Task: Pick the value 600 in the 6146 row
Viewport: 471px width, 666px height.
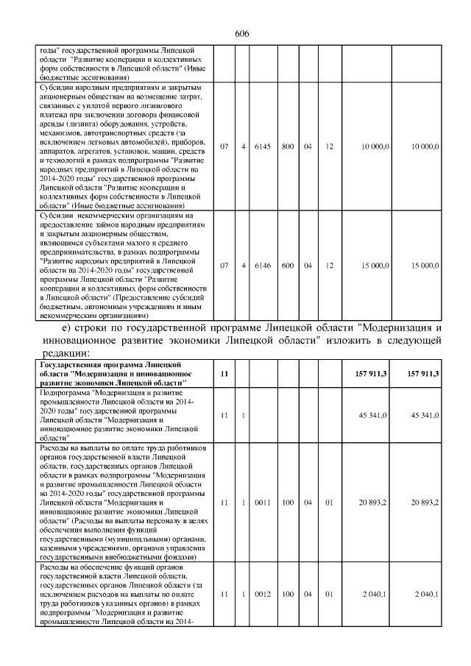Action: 287,265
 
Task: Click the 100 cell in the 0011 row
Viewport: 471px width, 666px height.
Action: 287,503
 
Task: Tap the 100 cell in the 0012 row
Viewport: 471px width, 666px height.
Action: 287,593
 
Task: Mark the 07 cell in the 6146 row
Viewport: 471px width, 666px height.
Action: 224,265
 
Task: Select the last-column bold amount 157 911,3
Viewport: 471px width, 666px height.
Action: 423,374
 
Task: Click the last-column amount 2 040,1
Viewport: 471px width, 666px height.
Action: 427,593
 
